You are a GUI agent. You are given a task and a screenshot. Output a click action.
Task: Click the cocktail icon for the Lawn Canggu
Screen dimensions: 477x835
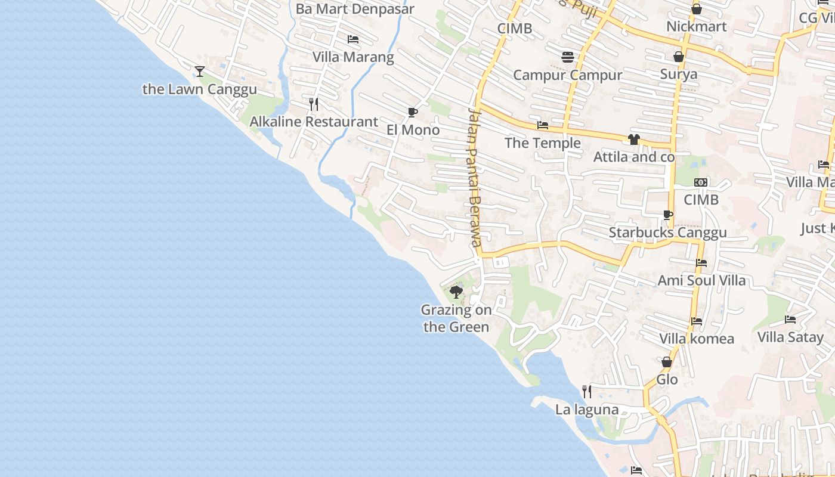coord(199,72)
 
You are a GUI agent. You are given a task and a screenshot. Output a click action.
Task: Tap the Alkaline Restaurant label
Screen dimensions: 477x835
coord(314,122)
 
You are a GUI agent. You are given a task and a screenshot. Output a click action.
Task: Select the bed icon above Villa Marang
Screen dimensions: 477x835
coord(353,39)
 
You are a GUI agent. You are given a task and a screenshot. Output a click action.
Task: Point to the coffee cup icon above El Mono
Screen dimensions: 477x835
coord(412,112)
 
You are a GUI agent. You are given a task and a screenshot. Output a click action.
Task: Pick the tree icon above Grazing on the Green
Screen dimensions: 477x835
coord(456,292)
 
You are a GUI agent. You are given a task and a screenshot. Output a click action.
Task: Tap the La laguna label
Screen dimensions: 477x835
coord(587,410)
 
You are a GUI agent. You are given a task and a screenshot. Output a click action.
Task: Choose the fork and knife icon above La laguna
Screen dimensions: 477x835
coord(587,392)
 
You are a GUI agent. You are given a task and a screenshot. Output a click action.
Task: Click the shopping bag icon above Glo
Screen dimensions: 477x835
coord(667,362)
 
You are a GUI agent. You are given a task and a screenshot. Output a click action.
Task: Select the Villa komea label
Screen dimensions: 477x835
coord(697,339)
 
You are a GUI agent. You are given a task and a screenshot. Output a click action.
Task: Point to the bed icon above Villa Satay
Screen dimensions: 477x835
coord(790,320)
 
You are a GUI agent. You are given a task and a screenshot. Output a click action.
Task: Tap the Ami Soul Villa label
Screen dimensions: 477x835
coord(701,280)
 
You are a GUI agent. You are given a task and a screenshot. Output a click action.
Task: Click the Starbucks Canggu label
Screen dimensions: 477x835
coord(668,233)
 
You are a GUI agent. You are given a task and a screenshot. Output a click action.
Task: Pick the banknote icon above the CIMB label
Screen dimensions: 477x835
coord(701,182)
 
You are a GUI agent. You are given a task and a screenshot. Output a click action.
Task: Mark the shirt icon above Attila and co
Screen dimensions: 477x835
coord(633,140)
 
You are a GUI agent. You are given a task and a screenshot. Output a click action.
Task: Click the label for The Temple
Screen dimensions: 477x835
coord(543,143)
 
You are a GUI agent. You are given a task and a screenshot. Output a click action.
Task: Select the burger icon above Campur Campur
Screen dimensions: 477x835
coord(568,57)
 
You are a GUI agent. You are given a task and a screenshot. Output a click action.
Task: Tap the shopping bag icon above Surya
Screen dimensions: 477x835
coord(678,57)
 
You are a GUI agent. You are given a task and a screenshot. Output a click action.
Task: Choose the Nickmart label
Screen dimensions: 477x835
coord(696,27)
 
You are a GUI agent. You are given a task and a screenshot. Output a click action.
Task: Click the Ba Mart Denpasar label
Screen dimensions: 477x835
coord(355,10)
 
